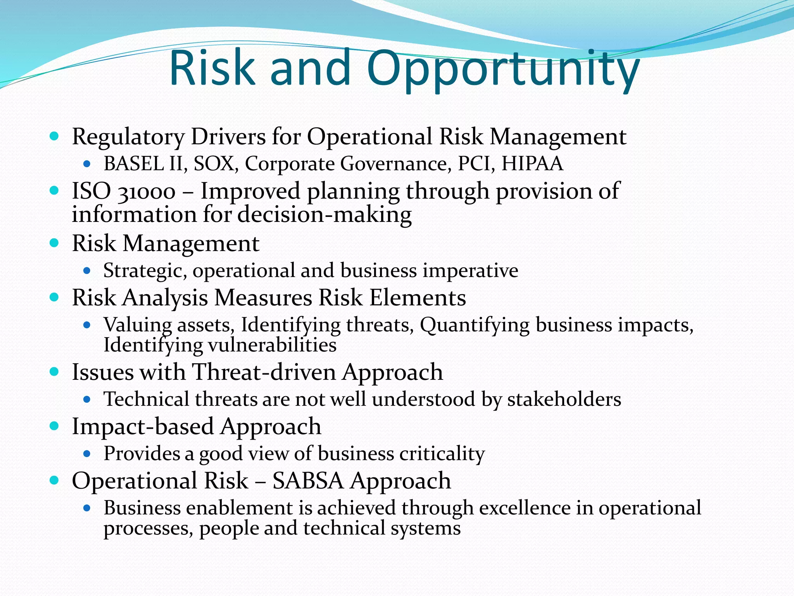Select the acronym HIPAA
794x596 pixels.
pyautogui.click(x=532, y=163)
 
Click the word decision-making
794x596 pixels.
pyautogui.click(x=325, y=215)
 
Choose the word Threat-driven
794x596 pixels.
pyautogui.click(x=264, y=372)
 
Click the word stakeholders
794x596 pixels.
pyautogui.click(x=564, y=399)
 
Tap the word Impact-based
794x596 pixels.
pyautogui.click(x=143, y=426)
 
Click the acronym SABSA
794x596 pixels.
pyautogui.click(x=308, y=481)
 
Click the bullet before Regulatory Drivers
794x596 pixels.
pyautogui.click(x=55, y=136)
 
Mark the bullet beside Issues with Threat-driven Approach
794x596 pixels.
pyautogui.click(x=55, y=372)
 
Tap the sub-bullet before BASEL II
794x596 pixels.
pyautogui.click(x=87, y=164)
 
